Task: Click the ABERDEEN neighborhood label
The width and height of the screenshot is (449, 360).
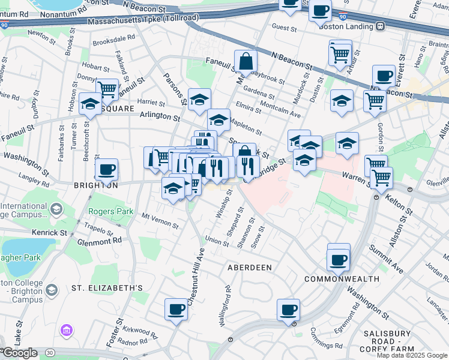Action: pyautogui.click(x=249, y=267)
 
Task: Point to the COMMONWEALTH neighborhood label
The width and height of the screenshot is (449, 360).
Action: pyautogui.click(x=342, y=279)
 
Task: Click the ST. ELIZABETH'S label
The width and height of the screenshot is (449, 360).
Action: pyautogui.click(x=107, y=288)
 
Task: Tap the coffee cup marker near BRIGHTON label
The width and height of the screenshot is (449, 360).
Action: pyautogui.click(x=107, y=170)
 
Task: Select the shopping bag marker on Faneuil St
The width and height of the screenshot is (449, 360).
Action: pyautogui.click(x=246, y=61)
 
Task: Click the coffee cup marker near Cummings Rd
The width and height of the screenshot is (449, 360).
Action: pyautogui.click(x=289, y=310)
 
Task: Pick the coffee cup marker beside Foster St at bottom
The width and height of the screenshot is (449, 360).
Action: pyautogui.click(x=176, y=310)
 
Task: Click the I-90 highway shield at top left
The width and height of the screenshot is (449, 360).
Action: pyautogui.click(x=4, y=25)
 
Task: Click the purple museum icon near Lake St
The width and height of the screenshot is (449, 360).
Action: pyautogui.click(x=65, y=330)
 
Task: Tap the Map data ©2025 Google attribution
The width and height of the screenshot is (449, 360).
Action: pyautogui.click(x=412, y=355)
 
